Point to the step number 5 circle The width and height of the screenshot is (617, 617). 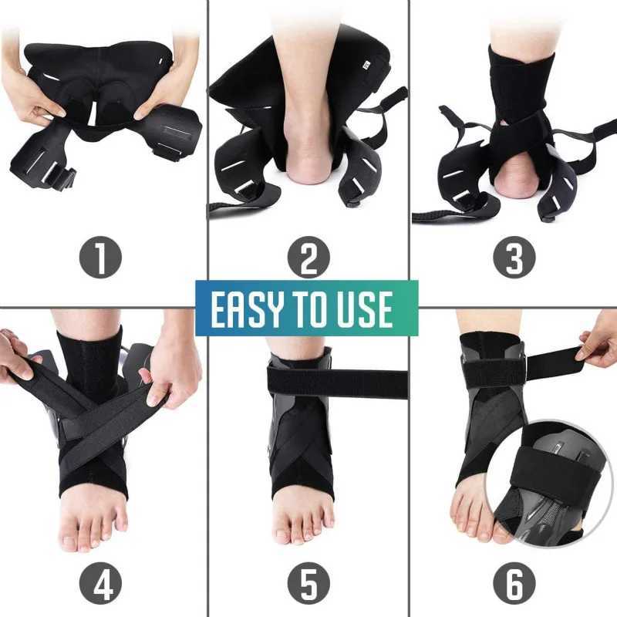[308, 584]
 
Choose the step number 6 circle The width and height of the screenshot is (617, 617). [514, 584]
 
